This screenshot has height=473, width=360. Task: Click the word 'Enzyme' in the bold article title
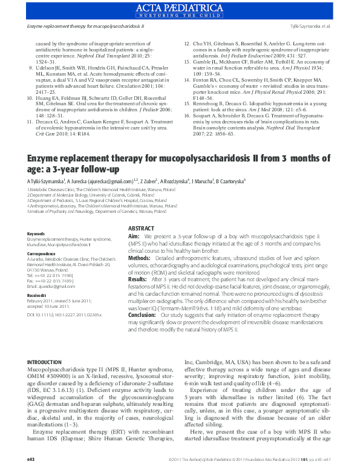click(x=45, y=158)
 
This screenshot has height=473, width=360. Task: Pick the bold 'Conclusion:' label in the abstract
click(x=142, y=315)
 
